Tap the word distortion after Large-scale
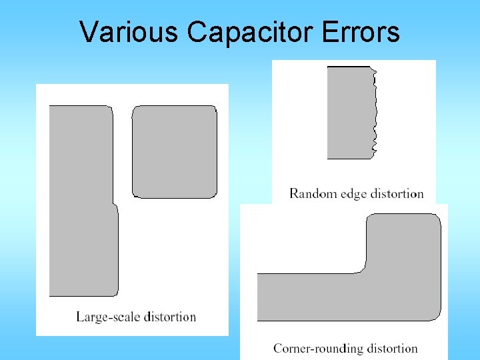tap(169, 317)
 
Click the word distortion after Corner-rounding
tap(392, 348)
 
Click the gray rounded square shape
tap(175, 151)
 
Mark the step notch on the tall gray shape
tap(114, 203)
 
